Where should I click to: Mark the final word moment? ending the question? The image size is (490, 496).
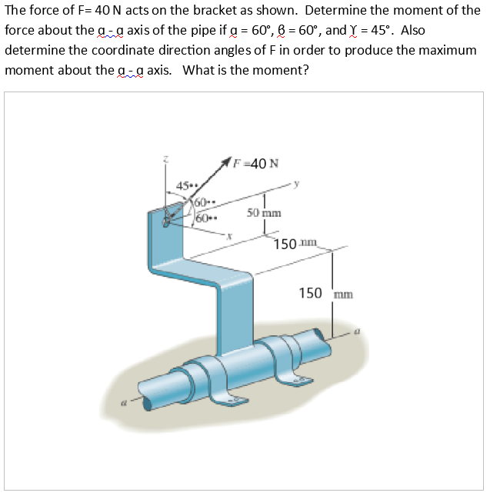(282, 70)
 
